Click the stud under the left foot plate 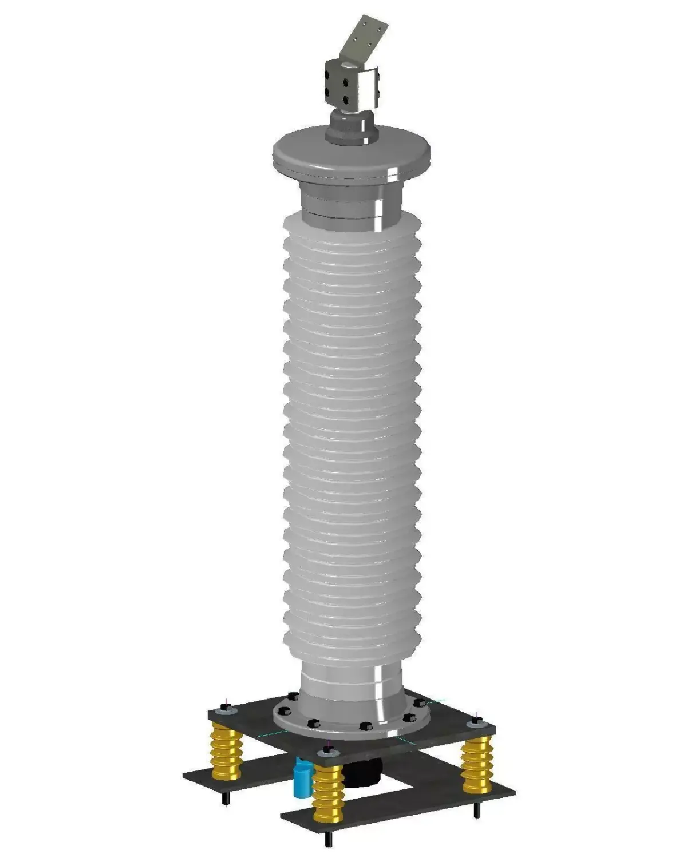[227, 797]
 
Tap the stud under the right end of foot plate [476, 809]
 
